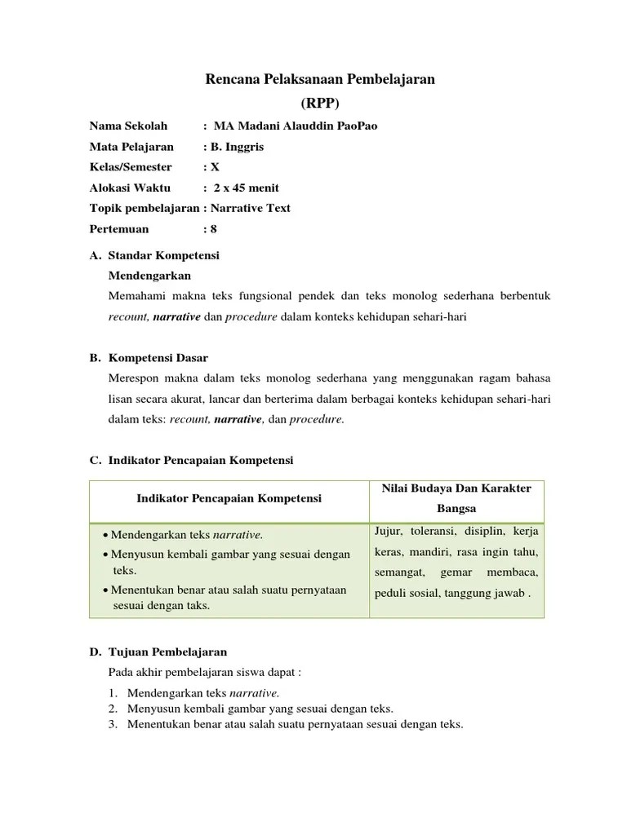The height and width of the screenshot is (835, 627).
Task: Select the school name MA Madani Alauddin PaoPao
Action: point(296,126)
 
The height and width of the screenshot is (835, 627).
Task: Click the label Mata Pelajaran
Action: point(131,147)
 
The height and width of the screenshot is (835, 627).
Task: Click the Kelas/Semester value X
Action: point(216,167)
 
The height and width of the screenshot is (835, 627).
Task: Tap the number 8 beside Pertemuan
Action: point(214,229)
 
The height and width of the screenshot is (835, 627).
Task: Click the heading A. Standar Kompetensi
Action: point(154,255)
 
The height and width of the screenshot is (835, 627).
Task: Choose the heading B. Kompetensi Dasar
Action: point(149,358)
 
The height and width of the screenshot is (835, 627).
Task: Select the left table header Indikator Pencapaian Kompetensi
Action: point(229,498)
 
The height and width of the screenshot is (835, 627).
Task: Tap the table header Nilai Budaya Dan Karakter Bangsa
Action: point(456,498)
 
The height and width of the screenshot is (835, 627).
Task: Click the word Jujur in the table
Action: point(388,532)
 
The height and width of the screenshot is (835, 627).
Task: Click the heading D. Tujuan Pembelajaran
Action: point(158,652)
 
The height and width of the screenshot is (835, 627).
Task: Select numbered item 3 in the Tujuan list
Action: point(295,724)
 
